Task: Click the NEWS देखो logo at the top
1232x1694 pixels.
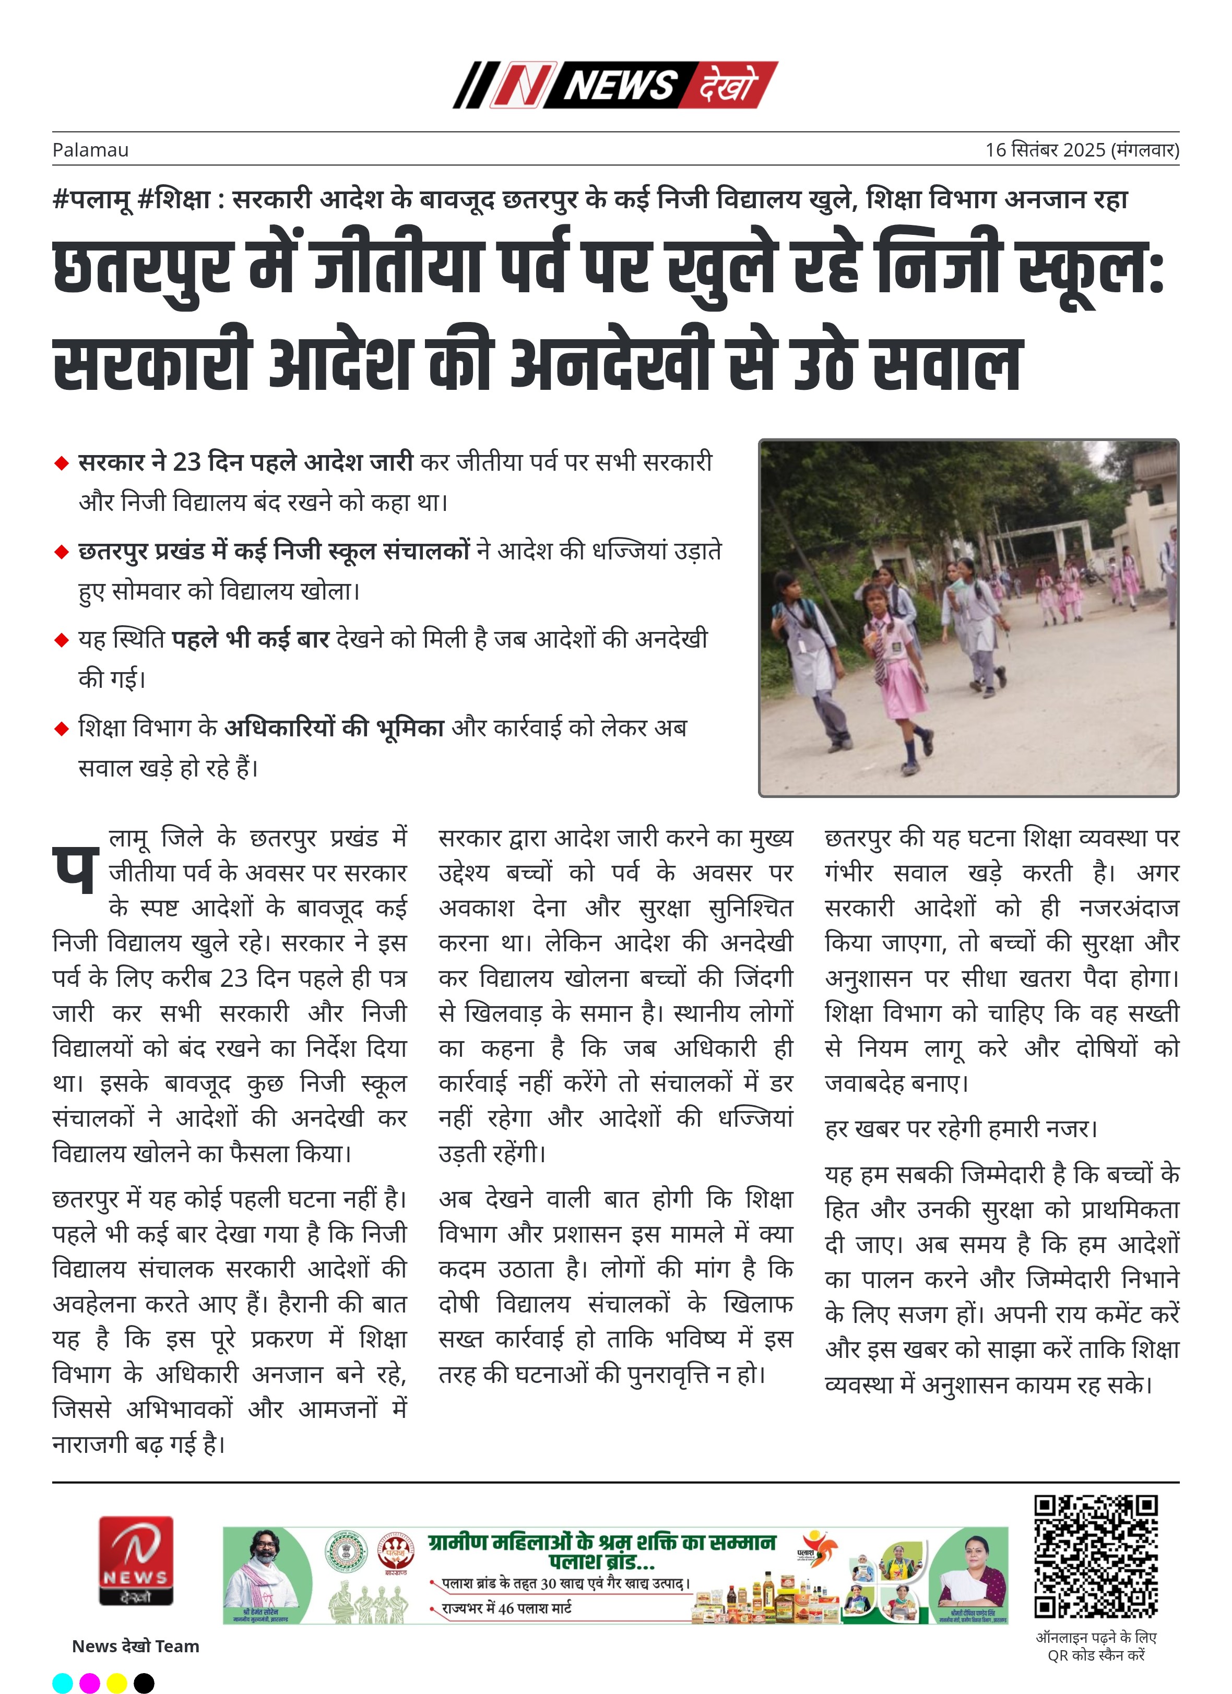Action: [615, 85]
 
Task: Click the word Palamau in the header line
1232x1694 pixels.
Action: [90, 150]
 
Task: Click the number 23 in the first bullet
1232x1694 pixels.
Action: [187, 462]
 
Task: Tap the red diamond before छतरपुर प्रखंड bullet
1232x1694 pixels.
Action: [61, 552]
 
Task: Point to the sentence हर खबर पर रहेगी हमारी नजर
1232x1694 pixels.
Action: [961, 1128]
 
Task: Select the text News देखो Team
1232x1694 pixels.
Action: [135, 1646]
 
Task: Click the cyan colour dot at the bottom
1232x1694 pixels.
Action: [63, 1684]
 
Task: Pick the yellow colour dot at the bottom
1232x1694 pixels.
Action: [116, 1684]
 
